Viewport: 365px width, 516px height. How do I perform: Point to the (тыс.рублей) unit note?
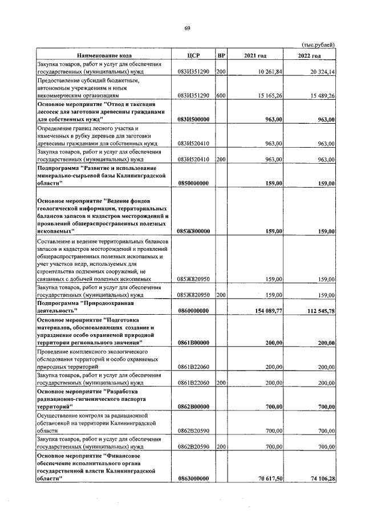(318, 45)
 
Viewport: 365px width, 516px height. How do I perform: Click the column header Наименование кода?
(105, 55)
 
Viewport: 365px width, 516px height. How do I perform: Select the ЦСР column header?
(193, 55)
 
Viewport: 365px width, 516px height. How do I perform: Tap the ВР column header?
(221, 55)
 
